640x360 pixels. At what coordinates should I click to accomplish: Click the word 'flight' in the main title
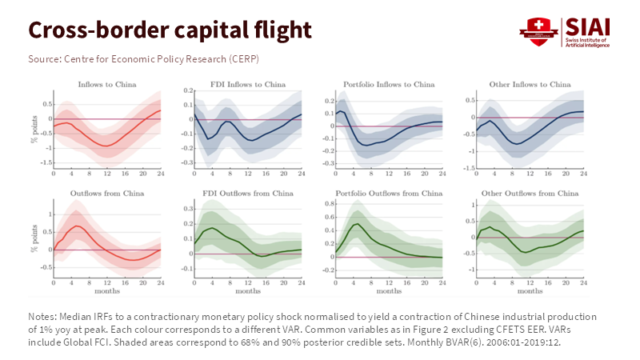[x=272, y=30]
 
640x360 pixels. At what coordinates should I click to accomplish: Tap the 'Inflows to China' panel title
[x=106, y=84]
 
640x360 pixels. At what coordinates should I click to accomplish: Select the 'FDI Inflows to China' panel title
[x=248, y=84]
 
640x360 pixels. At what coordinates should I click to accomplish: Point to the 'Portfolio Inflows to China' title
[x=389, y=84]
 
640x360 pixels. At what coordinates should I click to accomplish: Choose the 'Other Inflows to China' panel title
[x=530, y=84]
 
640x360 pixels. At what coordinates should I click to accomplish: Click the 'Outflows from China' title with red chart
[x=106, y=194]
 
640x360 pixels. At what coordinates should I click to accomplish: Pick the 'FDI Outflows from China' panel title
[x=248, y=194]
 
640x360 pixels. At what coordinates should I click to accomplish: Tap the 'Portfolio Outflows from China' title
[x=389, y=194]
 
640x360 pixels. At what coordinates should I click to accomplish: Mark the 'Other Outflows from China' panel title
[x=530, y=194]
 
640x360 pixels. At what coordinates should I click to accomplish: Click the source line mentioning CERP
[x=144, y=59]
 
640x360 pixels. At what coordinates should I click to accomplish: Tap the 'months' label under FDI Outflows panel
[x=248, y=291]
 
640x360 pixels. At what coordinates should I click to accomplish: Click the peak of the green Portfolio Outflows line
[x=354, y=224]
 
